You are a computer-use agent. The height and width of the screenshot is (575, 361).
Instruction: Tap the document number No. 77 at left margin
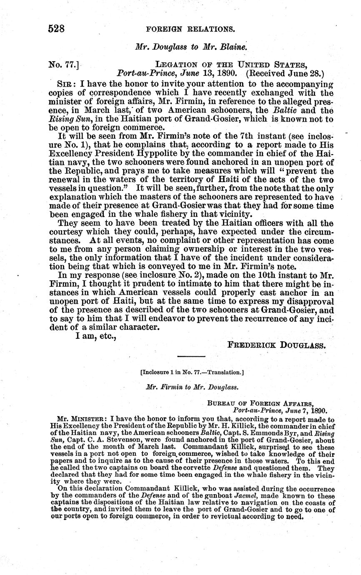point(63,65)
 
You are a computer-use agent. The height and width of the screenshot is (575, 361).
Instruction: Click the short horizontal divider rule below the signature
point(191,357)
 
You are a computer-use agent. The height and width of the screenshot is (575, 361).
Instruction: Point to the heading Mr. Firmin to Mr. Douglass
point(192,387)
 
